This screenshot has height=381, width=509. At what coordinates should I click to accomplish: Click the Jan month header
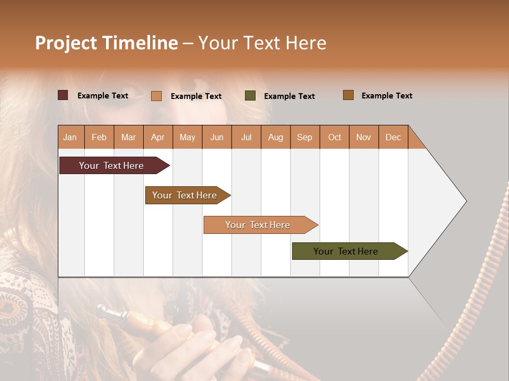[x=70, y=137]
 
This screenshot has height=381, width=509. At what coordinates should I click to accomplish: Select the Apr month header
[x=157, y=137]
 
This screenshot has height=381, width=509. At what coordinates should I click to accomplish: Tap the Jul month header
[x=246, y=137]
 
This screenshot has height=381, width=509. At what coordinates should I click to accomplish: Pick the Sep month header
[x=304, y=137]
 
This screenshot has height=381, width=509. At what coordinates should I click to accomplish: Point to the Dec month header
[x=393, y=137]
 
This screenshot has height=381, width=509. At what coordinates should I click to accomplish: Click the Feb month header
[x=99, y=137]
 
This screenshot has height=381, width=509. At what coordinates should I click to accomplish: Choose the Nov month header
[x=363, y=137]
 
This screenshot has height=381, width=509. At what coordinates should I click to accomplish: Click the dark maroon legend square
[x=63, y=95]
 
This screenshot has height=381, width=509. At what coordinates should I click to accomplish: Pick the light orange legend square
[x=156, y=96]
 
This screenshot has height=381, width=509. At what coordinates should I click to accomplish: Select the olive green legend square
[x=250, y=96]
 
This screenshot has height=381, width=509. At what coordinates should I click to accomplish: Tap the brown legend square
[x=348, y=95]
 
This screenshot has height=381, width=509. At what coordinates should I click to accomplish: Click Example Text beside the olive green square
[x=289, y=96]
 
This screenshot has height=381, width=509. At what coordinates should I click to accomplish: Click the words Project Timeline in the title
[x=107, y=43]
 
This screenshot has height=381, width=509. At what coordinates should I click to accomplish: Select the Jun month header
[x=217, y=137]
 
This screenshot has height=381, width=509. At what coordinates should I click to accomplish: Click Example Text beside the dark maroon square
[x=102, y=96]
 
